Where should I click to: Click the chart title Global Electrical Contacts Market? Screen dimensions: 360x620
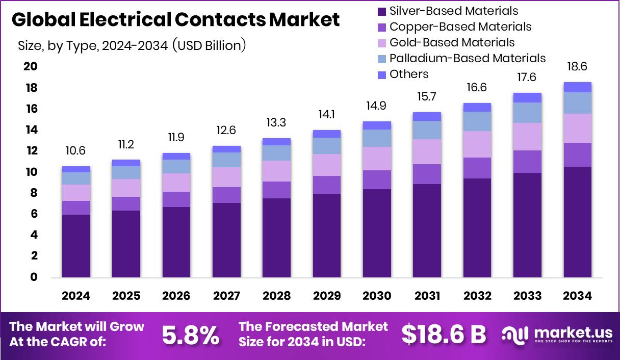coord(175,20)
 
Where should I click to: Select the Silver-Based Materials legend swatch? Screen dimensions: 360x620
coord(382,11)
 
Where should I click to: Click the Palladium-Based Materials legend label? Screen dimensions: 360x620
coord(467,58)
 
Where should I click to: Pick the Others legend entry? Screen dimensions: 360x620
coord(408,74)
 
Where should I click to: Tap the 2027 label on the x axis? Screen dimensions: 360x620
coord(226,296)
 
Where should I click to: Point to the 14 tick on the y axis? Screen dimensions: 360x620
coord(30,130)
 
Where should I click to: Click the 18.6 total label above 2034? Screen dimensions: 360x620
coord(578,67)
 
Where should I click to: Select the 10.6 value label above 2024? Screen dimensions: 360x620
coord(76,151)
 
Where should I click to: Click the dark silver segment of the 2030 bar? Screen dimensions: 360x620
coord(377,233)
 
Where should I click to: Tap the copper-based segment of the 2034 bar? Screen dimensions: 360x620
coord(578,155)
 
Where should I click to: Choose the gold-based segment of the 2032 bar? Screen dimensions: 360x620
coord(477,144)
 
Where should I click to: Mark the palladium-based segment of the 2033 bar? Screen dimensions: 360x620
coord(527,113)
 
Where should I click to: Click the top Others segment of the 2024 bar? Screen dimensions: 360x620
coord(76,169)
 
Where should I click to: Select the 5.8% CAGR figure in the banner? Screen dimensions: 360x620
coord(191,335)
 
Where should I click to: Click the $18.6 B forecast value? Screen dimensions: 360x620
coord(444,335)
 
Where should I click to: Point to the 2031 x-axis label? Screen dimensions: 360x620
coord(427,296)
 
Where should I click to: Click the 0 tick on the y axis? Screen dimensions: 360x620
coord(33,277)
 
